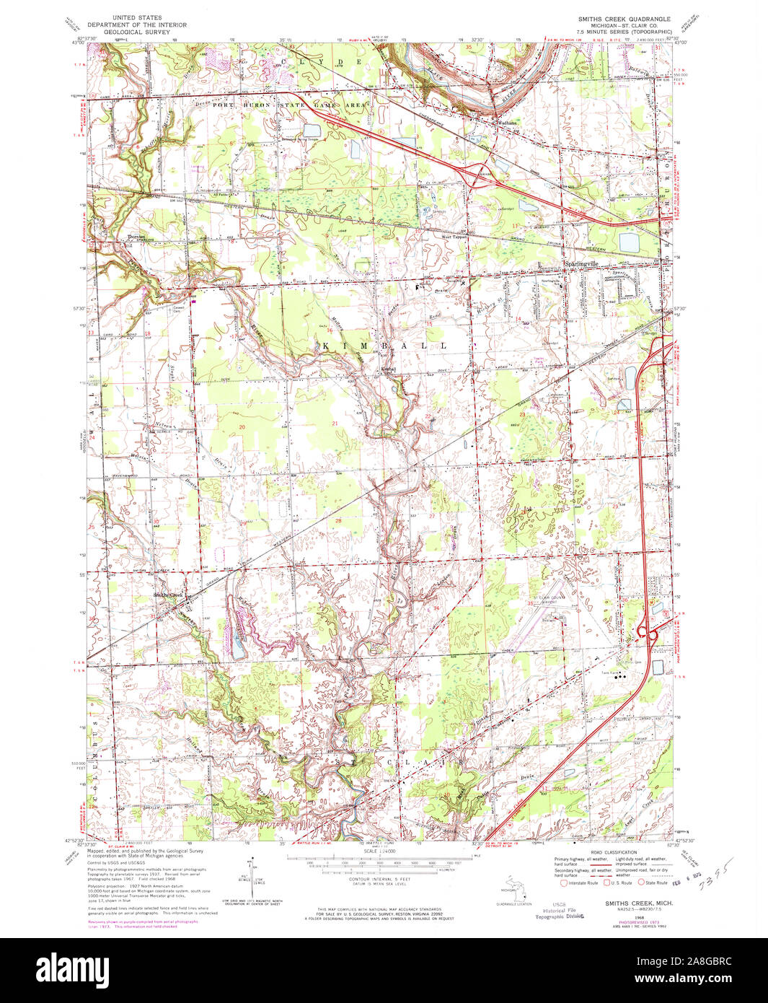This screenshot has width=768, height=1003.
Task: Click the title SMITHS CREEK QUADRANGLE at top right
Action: tap(624, 18)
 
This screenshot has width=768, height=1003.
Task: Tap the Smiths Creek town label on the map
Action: tap(169, 595)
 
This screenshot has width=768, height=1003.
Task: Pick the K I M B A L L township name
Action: tap(382, 346)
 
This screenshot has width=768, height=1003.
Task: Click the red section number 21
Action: tap(335, 423)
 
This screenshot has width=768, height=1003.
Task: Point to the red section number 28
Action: tap(337, 520)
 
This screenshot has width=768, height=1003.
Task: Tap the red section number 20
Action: tap(242, 427)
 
